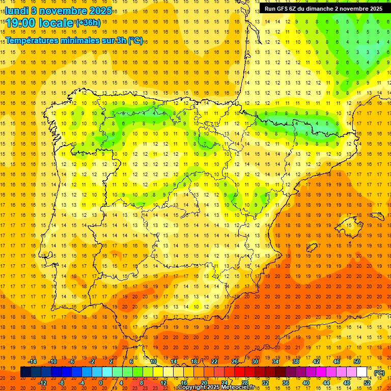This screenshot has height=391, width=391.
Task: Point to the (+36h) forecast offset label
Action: pyautogui.click(x=88, y=23)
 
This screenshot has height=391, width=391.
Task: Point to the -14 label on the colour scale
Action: pyautogui.click(x=32, y=361)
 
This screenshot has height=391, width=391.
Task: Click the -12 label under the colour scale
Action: pyautogui.click(x=42, y=383)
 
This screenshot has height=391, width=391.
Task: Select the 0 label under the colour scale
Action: pyautogui.click(x=101, y=383)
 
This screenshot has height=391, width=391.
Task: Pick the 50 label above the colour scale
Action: pyautogui.click(x=357, y=361)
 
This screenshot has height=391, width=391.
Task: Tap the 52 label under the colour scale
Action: pyautogui.click(x=367, y=383)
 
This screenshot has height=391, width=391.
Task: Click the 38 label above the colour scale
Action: pyautogui.click(x=296, y=361)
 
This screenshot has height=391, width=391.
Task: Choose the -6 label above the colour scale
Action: pyautogui.click(x=73, y=361)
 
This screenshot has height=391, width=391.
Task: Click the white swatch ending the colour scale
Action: pyautogui.click(x=362, y=372)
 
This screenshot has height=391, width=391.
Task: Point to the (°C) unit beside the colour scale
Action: pyautogui.click(x=379, y=373)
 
